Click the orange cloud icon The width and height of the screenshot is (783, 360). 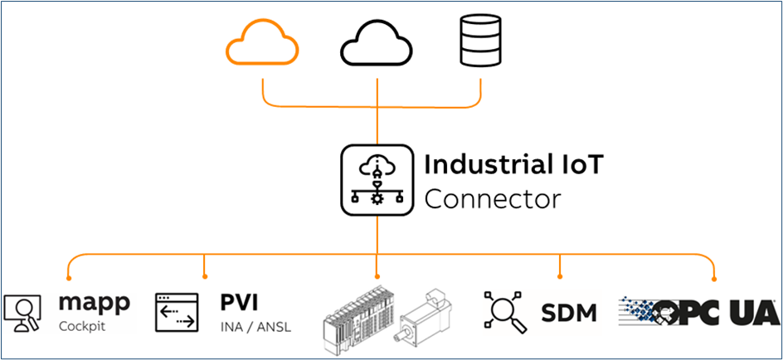point(263,42)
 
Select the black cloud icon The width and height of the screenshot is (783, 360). point(377,43)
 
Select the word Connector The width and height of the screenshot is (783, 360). point(492,200)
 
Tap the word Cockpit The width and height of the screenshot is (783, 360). point(82,326)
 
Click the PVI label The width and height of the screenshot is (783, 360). point(240,302)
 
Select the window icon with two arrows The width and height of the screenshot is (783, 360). point(177,313)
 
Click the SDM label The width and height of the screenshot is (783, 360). point(569,313)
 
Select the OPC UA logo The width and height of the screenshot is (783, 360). point(698,313)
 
